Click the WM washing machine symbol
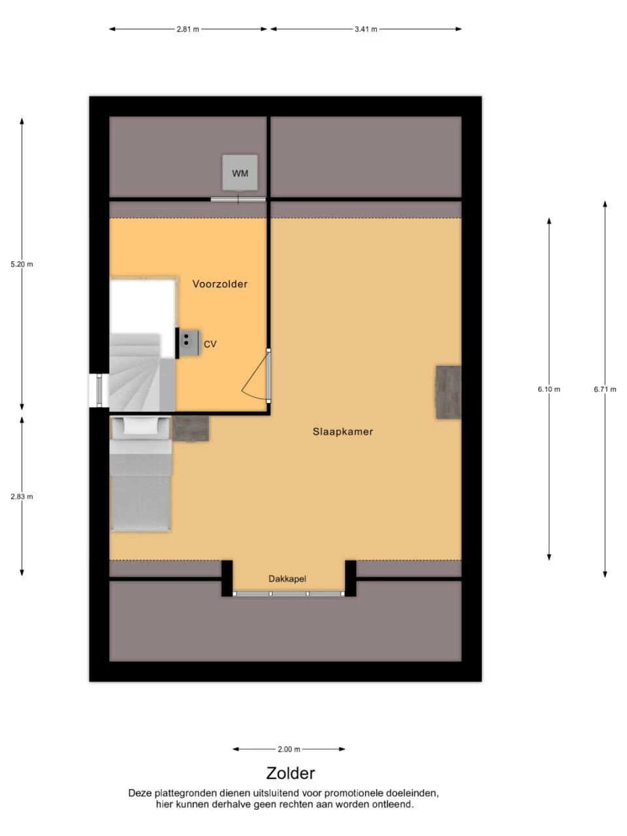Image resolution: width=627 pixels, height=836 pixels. [240, 172]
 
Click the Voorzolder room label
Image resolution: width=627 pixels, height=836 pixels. [219, 283]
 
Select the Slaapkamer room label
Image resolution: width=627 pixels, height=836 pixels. [343, 432]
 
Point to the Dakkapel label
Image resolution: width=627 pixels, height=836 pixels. [287, 579]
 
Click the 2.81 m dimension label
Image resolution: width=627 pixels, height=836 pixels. [187, 29]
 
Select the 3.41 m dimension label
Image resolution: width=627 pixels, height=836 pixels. [366, 29]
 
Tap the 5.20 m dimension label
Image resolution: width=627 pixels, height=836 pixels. [22, 264]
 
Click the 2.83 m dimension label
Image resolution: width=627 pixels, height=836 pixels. [22, 496]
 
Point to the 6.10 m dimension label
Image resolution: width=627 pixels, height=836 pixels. [549, 389]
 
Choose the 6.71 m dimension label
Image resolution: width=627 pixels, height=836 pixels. [605, 389]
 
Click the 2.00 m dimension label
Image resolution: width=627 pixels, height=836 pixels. [289, 749]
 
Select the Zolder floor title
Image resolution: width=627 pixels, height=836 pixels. [291, 773]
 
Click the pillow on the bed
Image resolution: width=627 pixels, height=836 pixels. [140, 426]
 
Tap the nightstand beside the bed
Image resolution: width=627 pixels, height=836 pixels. [190, 428]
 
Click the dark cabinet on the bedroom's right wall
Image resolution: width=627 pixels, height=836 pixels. [448, 392]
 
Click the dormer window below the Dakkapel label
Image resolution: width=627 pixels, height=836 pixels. [289, 594]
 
